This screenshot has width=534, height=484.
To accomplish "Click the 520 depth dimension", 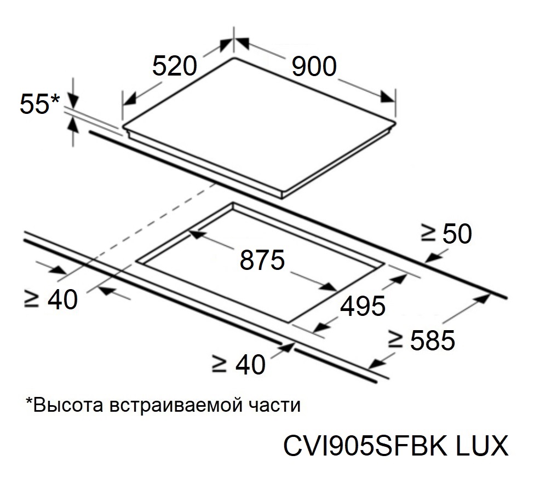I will (x=174, y=67).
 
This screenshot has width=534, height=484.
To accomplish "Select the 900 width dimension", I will (x=313, y=67).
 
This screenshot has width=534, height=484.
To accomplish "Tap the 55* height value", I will (x=35, y=104).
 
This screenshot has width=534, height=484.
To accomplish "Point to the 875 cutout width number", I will (x=262, y=260).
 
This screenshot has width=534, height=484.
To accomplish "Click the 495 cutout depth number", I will (x=363, y=306).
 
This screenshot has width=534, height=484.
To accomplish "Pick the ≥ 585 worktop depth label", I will (x=421, y=341).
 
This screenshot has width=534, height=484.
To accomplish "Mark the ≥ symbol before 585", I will (x=396, y=341).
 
